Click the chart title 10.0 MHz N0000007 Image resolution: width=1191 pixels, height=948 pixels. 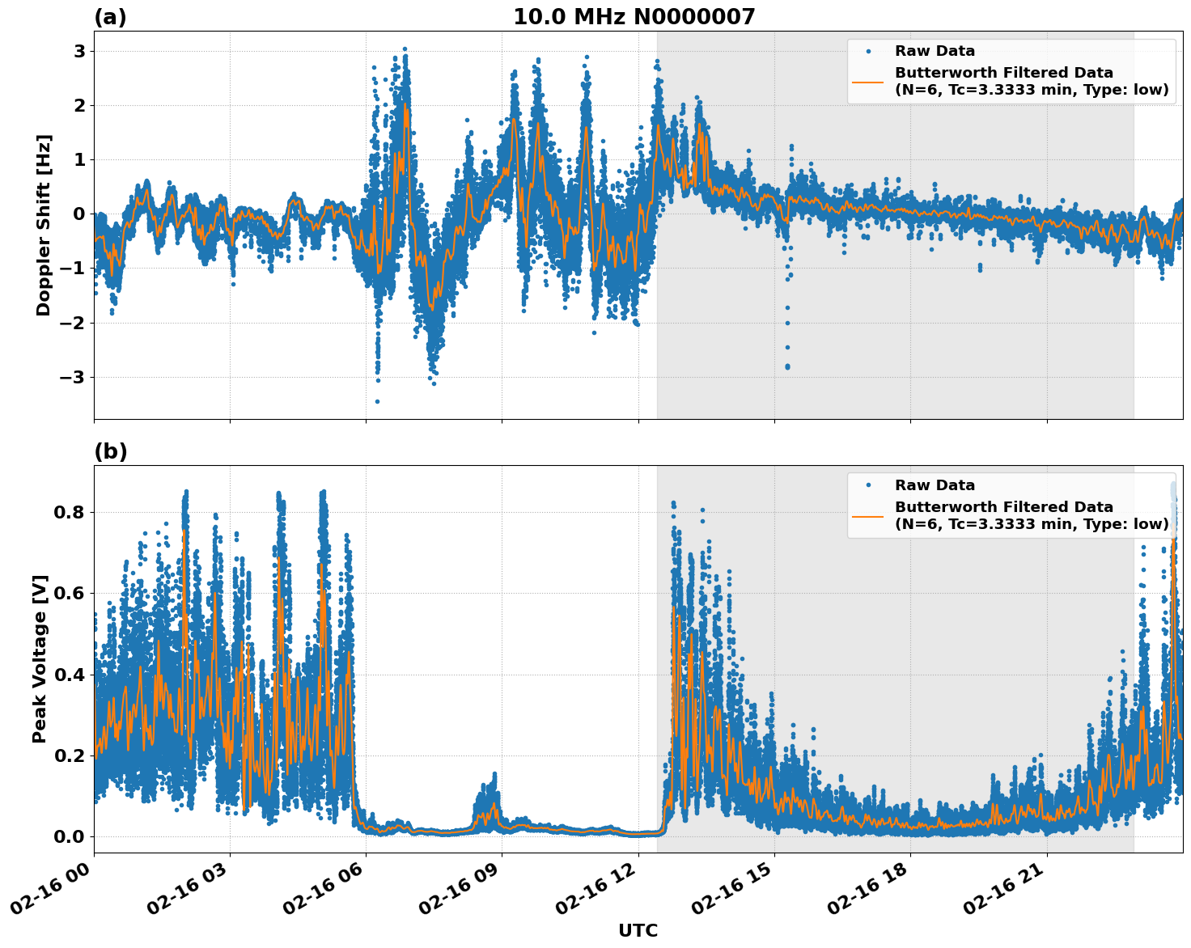tap(634, 17)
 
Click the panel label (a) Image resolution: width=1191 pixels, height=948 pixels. tap(110, 17)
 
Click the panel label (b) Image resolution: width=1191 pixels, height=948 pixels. tap(110, 451)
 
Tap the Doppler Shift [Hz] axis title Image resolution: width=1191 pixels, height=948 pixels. tap(44, 225)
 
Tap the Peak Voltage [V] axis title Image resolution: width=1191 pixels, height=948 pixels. tap(40, 658)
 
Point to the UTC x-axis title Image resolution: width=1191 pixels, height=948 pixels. tap(638, 930)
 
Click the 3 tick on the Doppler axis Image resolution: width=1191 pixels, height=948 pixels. tap(79, 51)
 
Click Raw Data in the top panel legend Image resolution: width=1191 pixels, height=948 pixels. tap(935, 51)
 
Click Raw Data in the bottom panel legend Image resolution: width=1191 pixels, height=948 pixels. tap(935, 485)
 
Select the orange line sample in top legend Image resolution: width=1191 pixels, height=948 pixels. tap(867, 82)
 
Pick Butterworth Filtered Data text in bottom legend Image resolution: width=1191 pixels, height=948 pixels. tap(1003, 507)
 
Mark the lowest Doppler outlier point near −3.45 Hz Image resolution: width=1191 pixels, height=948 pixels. tap(377, 401)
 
